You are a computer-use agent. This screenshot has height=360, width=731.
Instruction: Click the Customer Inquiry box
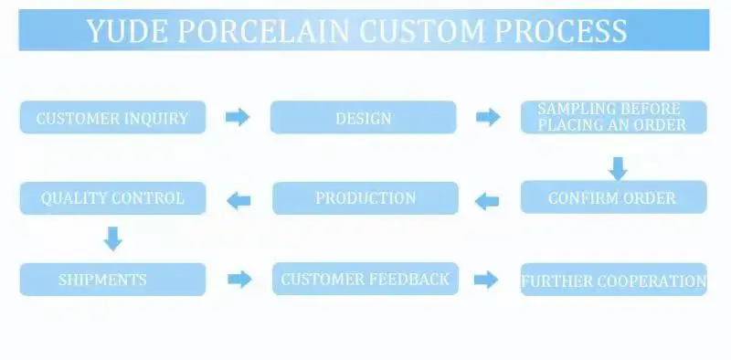112,117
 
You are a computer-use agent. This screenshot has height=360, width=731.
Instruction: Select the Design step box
363,117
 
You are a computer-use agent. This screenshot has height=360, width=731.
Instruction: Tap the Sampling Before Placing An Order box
613,117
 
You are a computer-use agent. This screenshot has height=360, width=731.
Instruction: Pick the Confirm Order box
613,197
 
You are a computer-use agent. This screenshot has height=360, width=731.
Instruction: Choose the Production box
365,198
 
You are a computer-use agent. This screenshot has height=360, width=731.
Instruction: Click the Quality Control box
112,198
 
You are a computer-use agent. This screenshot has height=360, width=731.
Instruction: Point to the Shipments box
112,280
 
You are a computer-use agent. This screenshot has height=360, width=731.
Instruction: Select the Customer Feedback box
365,279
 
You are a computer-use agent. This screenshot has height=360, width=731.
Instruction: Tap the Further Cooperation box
613,280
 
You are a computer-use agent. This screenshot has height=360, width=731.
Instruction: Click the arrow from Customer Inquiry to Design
238,117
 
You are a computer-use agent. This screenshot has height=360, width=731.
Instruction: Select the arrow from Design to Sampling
488,117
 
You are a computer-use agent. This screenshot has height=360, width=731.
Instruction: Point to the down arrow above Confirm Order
618,168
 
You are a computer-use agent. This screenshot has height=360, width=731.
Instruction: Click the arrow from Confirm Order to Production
487,201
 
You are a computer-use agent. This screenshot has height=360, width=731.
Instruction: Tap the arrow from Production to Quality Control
238,201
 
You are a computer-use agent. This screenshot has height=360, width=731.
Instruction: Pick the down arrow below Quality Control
112,238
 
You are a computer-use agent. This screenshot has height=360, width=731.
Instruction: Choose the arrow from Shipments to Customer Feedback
239,280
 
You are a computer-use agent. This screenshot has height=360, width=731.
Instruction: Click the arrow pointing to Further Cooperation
486,280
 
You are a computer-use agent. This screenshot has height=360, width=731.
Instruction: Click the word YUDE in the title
127,31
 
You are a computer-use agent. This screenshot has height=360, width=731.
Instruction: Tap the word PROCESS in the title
560,31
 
